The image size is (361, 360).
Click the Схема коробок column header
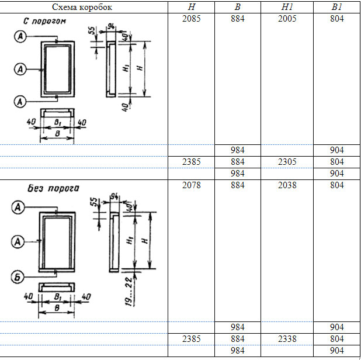84,8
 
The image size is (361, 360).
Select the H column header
192,8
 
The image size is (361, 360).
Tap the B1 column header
337,8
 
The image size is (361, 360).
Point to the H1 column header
287,8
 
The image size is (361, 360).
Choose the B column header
238,8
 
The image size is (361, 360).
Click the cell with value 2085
192,19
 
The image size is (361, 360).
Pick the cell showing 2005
287,19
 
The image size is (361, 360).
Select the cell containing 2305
287,162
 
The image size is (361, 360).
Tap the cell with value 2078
192,185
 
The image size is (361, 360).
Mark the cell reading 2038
287,185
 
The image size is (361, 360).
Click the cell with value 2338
287,338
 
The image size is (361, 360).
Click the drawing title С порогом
46,22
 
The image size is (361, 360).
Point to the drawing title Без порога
54,188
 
